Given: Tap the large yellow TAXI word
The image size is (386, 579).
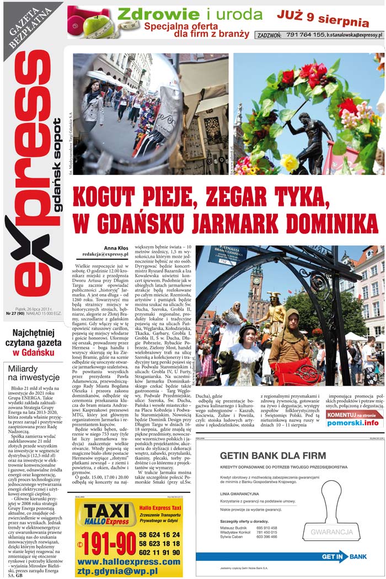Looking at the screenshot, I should pos(105,511).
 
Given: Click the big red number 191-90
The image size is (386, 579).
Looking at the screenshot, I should pos(109,544).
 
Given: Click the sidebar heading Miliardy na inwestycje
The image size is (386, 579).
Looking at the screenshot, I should pos(33,373).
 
